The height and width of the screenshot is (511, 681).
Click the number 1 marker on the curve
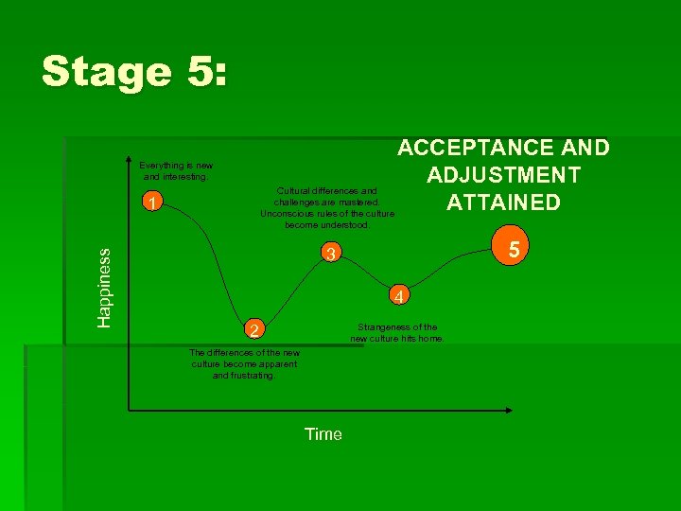tap(151, 202)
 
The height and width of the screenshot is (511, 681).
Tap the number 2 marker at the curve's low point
tap(252, 330)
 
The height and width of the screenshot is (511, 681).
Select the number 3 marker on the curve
tap(328, 254)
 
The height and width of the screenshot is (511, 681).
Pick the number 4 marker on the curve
tap(400, 296)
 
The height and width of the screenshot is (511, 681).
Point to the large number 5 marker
tap(515, 250)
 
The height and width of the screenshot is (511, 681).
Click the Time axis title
tap(323, 434)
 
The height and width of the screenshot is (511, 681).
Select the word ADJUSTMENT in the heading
tap(503, 175)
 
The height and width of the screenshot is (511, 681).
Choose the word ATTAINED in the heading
tap(503, 203)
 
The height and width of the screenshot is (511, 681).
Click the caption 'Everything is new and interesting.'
tap(176, 170)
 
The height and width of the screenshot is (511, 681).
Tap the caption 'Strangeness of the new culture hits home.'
tap(397, 333)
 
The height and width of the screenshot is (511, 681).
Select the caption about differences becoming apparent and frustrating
tap(245, 364)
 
